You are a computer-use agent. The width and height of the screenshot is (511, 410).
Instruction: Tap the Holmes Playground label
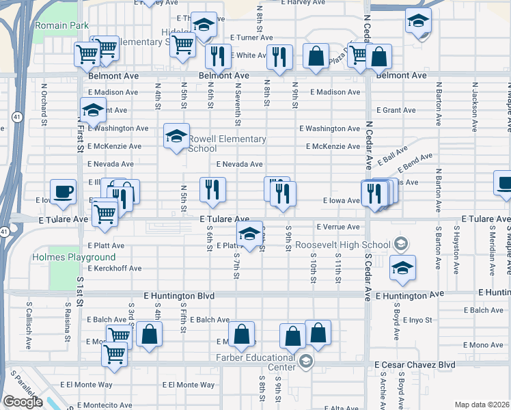click(74, 258)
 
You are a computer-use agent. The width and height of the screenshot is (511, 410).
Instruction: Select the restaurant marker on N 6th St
click(212, 189)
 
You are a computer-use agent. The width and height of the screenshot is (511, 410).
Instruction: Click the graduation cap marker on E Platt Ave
click(249, 234)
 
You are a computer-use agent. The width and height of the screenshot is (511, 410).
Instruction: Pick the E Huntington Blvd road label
click(180, 296)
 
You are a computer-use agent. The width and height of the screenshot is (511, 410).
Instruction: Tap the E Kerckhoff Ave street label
click(114, 269)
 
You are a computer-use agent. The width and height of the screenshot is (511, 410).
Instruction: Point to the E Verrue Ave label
click(337, 227)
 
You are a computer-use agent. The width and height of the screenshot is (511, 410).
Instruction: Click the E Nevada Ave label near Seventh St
click(239, 165)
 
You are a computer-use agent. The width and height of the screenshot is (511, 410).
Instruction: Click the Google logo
click(23, 402)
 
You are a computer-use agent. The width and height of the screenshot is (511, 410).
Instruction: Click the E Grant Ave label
click(396, 110)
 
